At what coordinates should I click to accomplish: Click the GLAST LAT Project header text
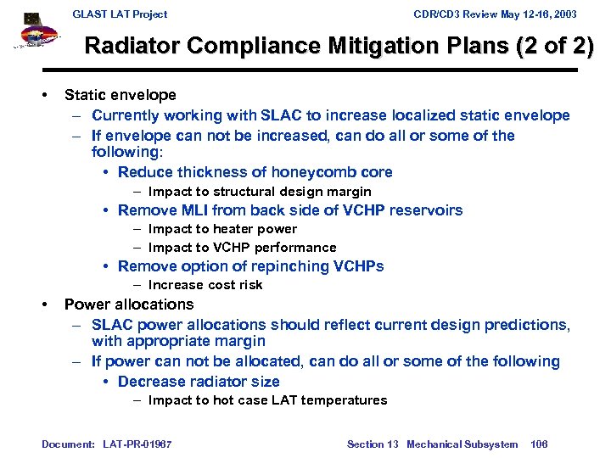120,14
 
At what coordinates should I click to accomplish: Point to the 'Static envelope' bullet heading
121,95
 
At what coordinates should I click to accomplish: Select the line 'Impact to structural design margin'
260,192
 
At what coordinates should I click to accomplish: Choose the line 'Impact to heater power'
222,229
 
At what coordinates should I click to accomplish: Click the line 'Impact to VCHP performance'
242,248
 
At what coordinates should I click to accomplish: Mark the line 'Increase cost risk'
205,285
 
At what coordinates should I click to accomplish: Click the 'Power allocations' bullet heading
129,304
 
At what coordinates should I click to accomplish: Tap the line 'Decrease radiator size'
199,382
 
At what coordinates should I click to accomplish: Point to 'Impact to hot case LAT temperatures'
267,400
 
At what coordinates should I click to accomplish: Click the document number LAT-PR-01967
136,444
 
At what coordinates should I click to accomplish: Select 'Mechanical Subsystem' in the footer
462,444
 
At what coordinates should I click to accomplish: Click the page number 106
539,444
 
